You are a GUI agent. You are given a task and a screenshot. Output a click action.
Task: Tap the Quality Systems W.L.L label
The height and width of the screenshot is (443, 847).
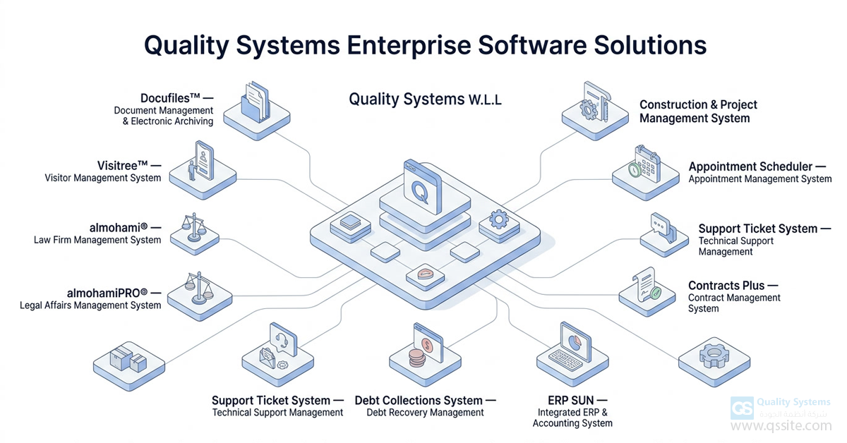click(425, 99)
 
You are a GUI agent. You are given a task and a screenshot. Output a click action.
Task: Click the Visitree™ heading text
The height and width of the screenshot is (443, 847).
click(125, 164)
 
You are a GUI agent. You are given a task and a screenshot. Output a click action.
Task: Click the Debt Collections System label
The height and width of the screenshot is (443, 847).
click(419, 400)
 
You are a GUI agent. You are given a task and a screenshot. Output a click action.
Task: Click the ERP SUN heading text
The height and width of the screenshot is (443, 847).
click(572, 400)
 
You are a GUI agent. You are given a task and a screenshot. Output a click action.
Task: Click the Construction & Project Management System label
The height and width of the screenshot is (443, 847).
click(698, 111)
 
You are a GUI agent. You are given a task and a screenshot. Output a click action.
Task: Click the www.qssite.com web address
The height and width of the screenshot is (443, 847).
click(781, 426)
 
